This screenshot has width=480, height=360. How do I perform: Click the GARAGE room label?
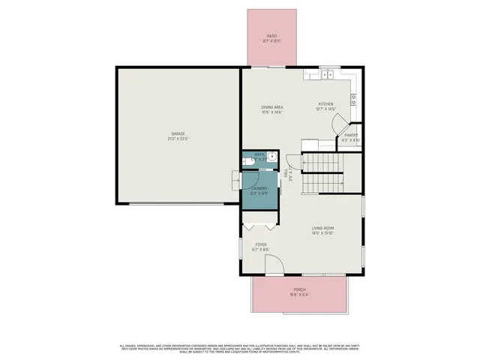click(177, 133)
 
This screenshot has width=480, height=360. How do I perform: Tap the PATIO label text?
click(272, 36)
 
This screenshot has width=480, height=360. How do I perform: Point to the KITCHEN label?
click(325, 104)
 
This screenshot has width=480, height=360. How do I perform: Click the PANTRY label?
click(350, 136)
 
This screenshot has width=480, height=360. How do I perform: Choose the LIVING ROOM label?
click(322, 228)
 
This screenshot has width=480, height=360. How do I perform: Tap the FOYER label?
click(261, 244)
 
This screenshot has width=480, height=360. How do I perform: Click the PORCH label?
click(299, 289)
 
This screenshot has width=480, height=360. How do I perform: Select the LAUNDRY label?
click(259, 189)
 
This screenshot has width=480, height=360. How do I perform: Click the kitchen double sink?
click(327, 74)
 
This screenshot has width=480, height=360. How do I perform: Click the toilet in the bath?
click(248, 159)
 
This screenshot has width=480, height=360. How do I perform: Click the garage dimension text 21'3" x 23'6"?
click(177, 139)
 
